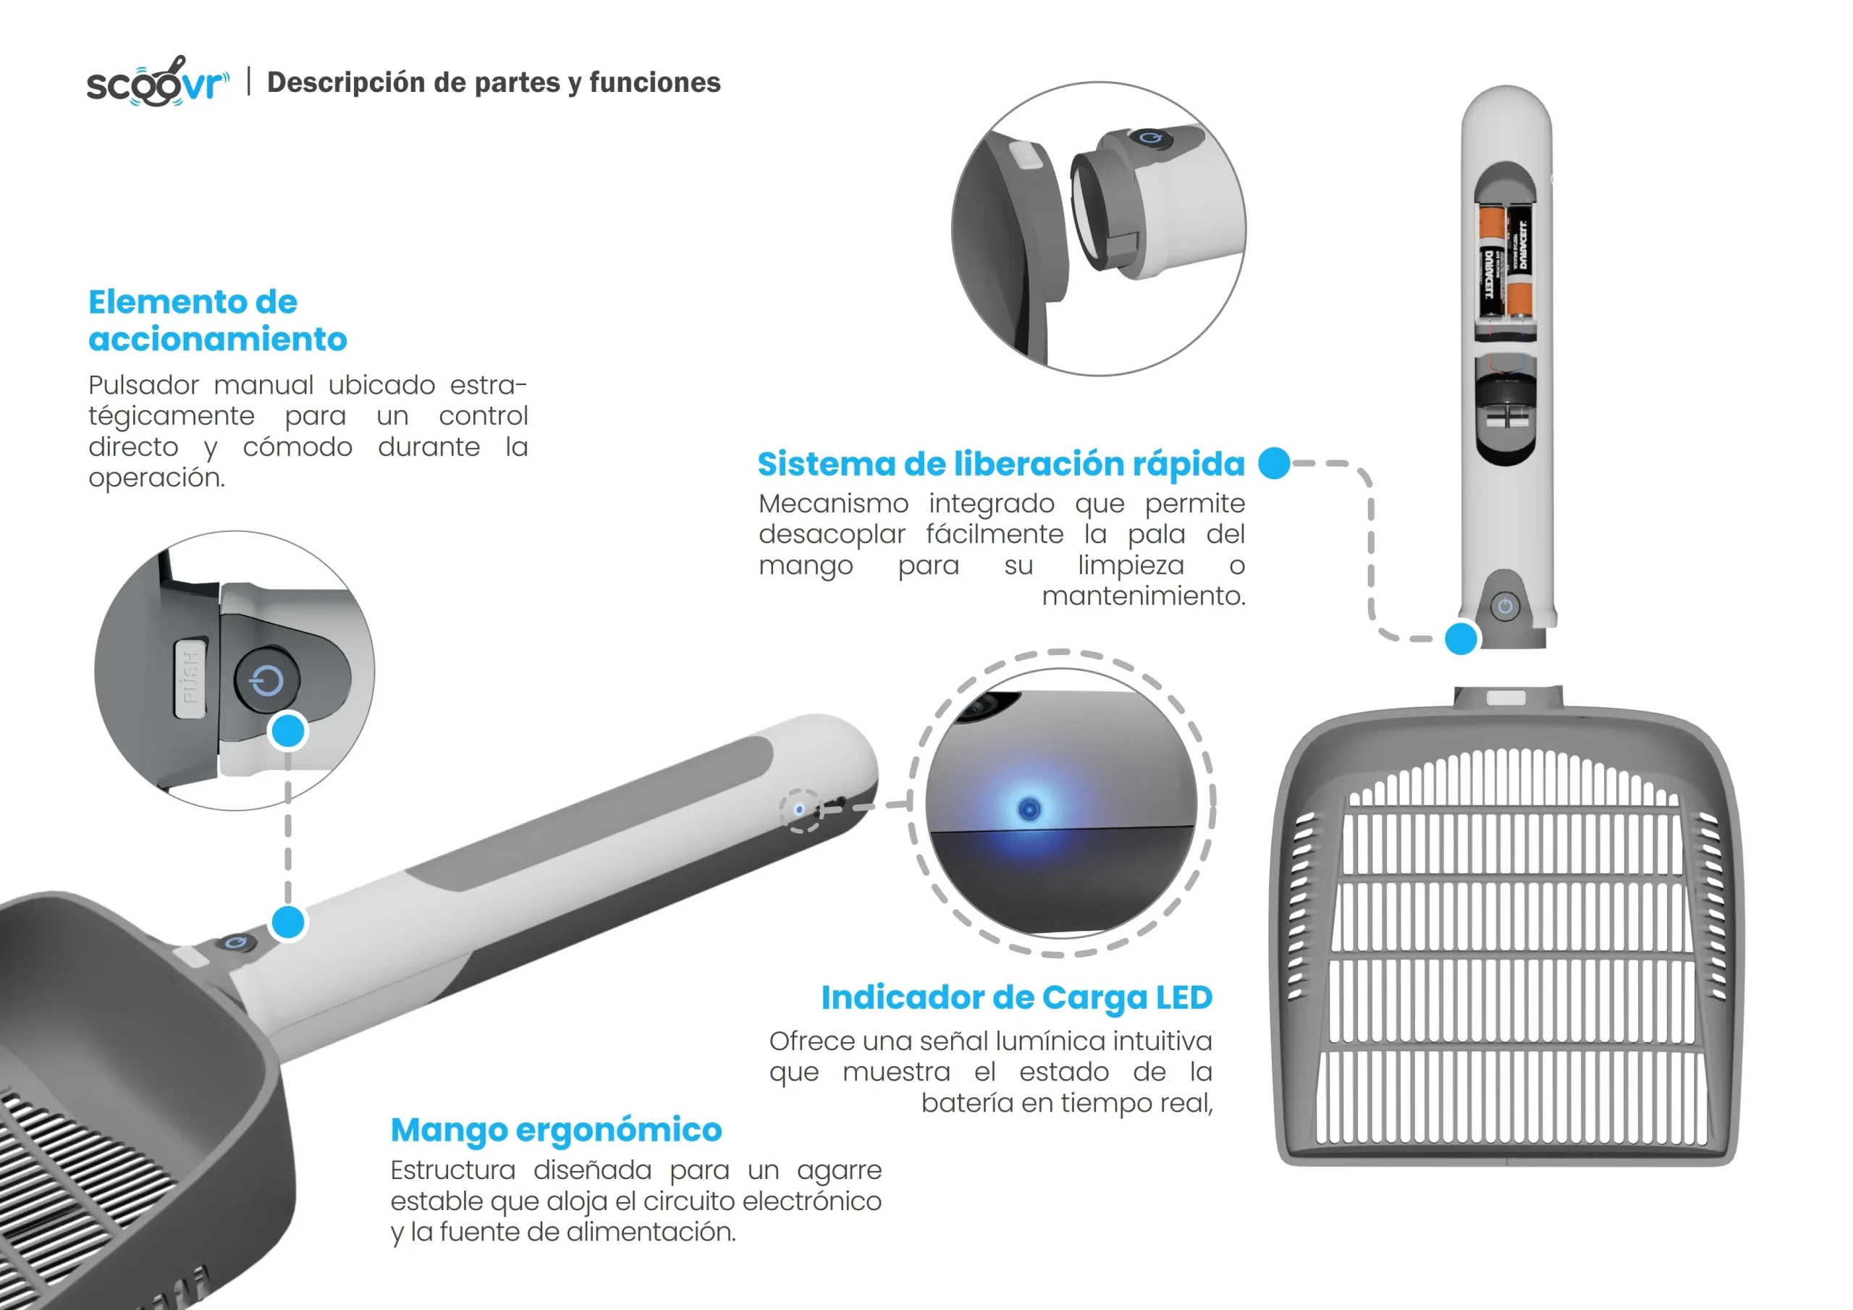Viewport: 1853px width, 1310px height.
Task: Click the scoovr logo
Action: [x=157, y=82]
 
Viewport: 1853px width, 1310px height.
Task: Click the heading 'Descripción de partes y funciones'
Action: [x=493, y=83]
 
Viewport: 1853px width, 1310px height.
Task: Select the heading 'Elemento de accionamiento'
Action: [x=217, y=321]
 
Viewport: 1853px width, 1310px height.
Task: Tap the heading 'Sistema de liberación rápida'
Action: [x=1001, y=464]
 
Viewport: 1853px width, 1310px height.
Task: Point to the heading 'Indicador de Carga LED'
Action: [x=1017, y=997]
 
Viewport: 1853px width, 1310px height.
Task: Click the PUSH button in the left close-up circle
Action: [x=190, y=678]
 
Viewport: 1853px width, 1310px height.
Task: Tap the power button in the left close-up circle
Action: [x=267, y=680]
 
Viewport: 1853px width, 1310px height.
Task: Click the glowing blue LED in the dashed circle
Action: [x=1029, y=808]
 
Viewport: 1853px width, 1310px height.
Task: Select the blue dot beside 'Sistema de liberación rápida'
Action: [x=1275, y=463]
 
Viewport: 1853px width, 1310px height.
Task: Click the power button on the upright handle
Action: [x=1504, y=607]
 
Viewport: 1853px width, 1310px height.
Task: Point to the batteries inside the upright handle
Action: [x=1506, y=259]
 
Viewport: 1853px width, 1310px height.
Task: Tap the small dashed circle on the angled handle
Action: [x=801, y=811]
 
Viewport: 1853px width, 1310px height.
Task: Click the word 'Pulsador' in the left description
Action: [x=143, y=385]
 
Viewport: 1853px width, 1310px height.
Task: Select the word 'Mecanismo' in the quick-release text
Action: [x=833, y=504]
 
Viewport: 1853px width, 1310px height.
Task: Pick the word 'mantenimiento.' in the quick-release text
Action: [x=1144, y=596]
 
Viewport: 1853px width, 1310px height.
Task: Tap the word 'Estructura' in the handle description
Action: [x=453, y=1170]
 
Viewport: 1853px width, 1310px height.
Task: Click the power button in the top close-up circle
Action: [x=1150, y=138]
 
